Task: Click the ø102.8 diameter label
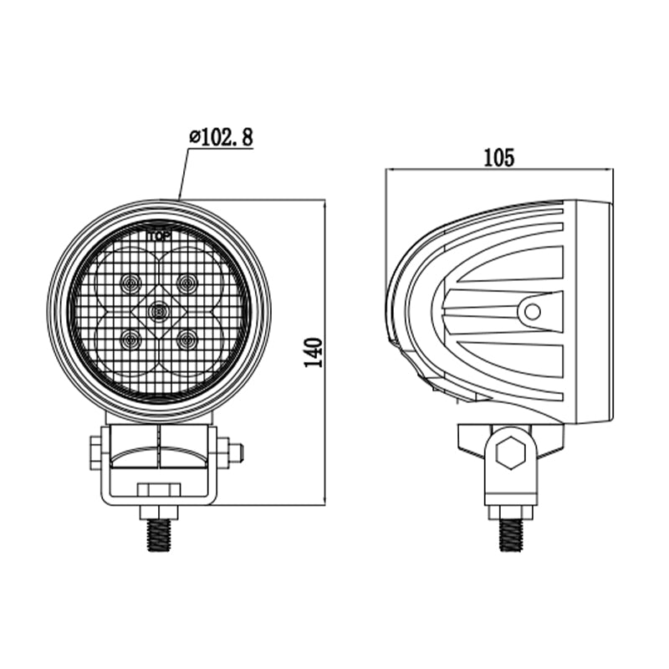222,137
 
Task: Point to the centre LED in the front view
157,312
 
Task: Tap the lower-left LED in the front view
130,340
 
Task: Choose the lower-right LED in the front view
186,340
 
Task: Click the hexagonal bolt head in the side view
509,454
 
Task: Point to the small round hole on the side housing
530,313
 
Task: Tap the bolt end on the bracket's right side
236,452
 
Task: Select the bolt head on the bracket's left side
94,452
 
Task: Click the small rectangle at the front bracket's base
158,489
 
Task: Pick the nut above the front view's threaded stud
158,512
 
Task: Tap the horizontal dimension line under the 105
499,170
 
